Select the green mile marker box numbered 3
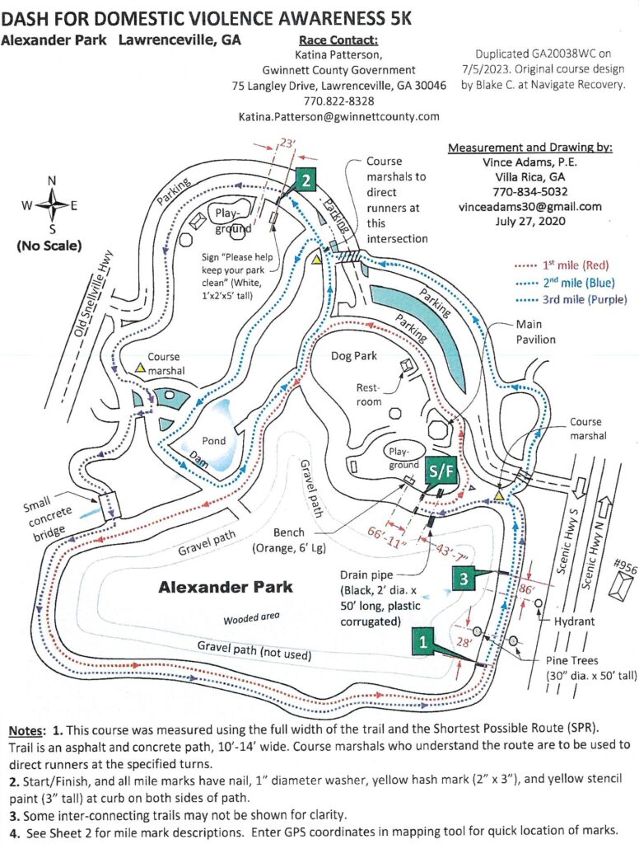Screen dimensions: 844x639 point(464,579)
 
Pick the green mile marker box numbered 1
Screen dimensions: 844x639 point(422,638)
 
